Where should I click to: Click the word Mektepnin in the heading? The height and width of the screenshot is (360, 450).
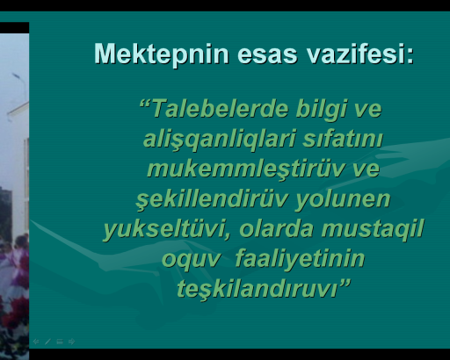(x=161, y=54)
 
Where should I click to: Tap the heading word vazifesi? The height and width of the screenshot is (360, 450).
(x=357, y=54)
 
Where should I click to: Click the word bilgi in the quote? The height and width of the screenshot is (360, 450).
(x=322, y=110)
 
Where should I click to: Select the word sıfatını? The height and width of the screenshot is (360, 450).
(x=343, y=139)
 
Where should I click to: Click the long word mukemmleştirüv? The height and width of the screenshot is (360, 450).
(x=245, y=170)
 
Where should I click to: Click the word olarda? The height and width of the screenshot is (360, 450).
(x=276, y=229)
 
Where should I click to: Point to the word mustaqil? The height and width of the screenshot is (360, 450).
(x=373, y=230)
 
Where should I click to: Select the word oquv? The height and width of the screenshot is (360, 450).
(x=191, y=260)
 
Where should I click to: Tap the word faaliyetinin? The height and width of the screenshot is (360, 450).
(x=300, y=260)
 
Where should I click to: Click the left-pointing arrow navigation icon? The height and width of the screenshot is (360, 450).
(x=36, y=342)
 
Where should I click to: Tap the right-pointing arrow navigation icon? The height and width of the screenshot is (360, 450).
(x=72, y=342)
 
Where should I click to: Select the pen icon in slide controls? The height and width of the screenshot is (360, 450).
(x=47, y=342)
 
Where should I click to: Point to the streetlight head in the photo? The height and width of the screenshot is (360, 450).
(x=16, y=76)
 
